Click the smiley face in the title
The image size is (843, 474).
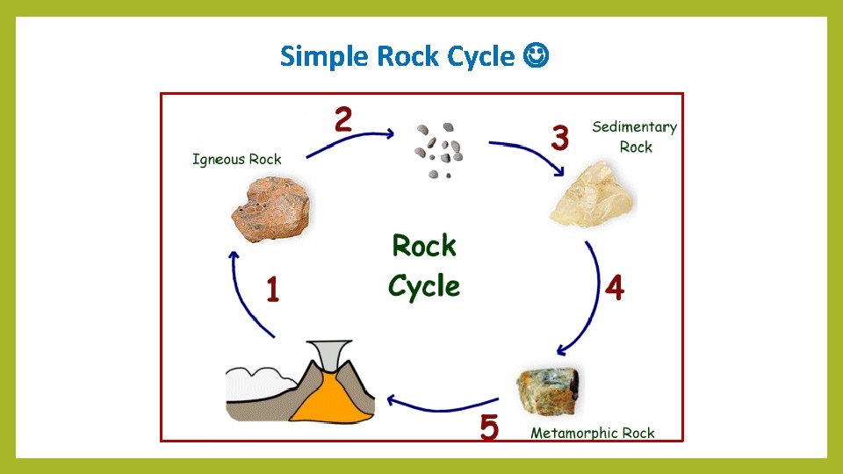tap(536, 57)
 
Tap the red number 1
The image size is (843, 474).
tap(273, 289)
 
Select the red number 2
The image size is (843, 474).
tap(343, 119)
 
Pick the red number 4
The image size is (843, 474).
tap(615, 287)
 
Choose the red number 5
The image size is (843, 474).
tap(489, 427)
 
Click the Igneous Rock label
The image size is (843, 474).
tap(237, 159)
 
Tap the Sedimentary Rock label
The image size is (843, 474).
tap(635, 137)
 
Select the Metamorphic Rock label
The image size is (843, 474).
tap(593, 433)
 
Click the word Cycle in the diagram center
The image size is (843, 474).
tap(424, 286)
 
